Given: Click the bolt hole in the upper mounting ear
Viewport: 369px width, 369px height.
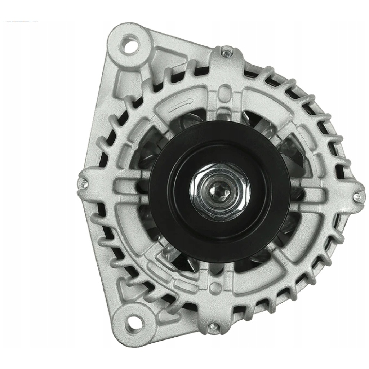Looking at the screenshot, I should (x=130, y=45).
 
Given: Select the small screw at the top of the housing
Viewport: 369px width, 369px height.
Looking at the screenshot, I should (x=226, y=53).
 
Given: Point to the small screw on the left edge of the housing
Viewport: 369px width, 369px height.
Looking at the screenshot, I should (x=84, y=184).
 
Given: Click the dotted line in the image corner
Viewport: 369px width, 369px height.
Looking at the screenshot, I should (x=20, y=21).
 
